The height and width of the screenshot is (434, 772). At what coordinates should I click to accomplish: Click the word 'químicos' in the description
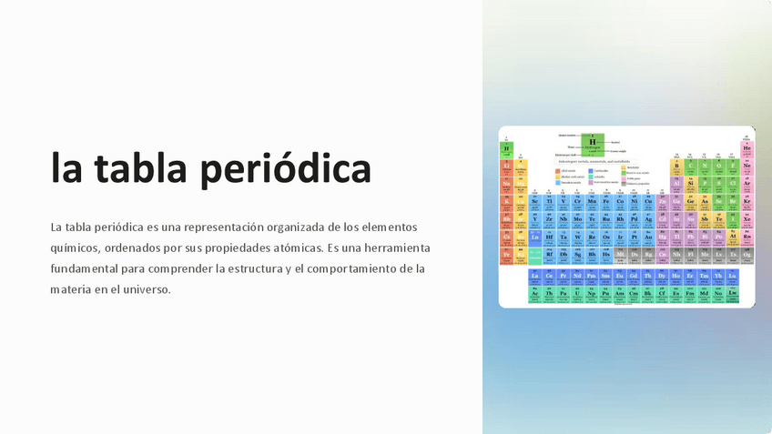[x=74, y=247]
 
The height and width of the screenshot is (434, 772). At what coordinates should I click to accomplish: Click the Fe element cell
[x=605, y=202]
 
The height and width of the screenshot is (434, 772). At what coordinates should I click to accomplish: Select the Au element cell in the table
[x=648, y=237]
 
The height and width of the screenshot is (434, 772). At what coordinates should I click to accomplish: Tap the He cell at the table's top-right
[x=747, y=148]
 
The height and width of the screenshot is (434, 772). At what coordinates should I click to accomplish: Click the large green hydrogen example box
[x=593, y=142]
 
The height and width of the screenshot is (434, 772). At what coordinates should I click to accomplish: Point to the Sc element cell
[x=534, y=202]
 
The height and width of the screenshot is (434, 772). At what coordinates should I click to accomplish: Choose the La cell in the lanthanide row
[x=534, y=276]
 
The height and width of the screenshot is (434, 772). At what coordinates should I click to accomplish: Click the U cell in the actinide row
[x=577, y=293]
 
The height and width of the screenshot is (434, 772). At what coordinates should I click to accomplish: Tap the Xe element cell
[x=747, y=219]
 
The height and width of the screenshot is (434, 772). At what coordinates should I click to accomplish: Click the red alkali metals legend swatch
[x=558, y=170]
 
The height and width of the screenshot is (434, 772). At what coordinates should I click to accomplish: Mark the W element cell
[x=577, y=237]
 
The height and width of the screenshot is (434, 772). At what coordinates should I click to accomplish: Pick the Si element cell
[x=691, y=184]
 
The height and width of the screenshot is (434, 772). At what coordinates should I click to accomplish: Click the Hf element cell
[x=549, y=237]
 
